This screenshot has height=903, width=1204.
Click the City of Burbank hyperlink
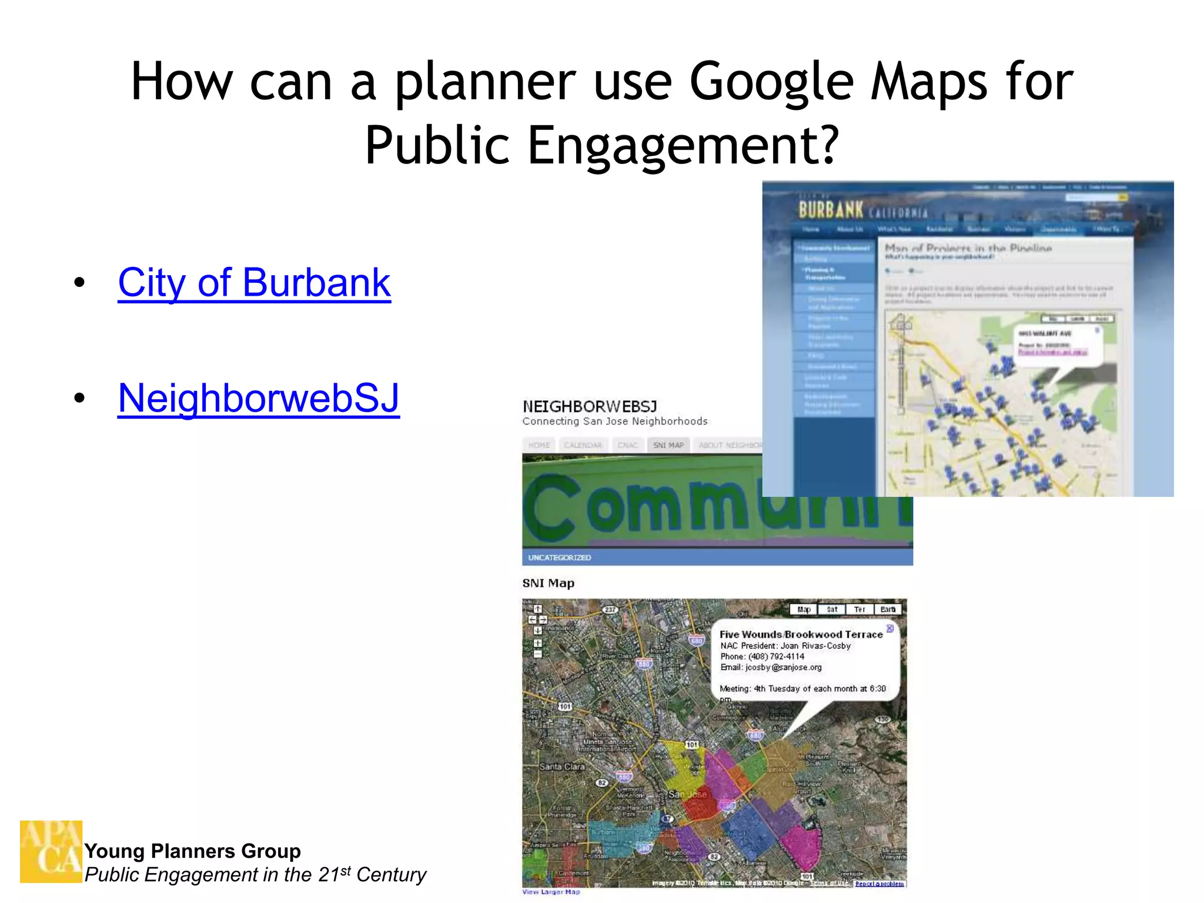(254, 283)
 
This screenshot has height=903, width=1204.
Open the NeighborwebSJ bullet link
(259, 398)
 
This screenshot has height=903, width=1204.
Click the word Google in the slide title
(771, 82)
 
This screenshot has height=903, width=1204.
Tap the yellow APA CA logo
(51, 851)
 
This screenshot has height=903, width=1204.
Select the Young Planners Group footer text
(192, 851)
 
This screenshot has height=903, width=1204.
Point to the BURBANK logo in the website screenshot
(830, 210)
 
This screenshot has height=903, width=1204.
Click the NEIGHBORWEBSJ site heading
(590, 406)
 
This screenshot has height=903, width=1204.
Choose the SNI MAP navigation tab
(668, 445)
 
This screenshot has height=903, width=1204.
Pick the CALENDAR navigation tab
(583, 445)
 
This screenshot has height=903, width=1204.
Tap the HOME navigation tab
(539, 445)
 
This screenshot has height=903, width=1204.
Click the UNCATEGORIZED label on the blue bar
(559, 557)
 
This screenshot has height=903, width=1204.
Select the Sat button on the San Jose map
(832, 610)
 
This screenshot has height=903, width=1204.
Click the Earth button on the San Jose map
(888, 610)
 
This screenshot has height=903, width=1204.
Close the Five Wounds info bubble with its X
(890, 628)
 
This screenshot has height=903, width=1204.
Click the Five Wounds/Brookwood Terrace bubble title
(801, 634)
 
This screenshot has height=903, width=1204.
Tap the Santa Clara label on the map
(562, 767)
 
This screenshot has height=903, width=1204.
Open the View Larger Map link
(551, 892)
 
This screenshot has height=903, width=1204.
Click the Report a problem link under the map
(879, 884)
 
